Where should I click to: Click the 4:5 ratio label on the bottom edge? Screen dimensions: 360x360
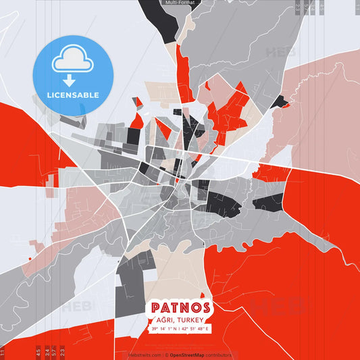point(38,351)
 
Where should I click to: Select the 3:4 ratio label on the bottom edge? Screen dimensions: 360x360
point(46,351)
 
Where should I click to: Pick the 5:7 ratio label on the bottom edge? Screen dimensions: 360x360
point(54,351)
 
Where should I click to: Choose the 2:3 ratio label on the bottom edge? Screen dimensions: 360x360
point(62,351)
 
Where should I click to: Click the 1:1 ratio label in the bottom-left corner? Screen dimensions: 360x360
point(2,352)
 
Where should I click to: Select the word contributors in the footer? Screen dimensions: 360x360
point(220,354)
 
